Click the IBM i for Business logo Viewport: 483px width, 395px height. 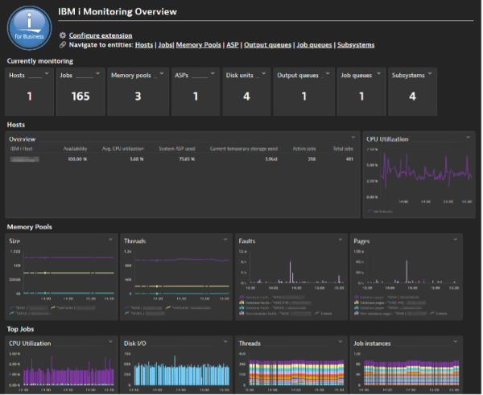coord(28,27)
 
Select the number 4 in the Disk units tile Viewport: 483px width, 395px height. coord(246,97)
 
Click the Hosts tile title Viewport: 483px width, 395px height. coord(18,75)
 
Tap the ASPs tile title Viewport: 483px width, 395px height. coord(183,75)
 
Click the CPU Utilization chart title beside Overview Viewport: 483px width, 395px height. coord(390,139)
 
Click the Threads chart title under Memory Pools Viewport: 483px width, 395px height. coord(135,241)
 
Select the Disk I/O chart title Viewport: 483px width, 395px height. coord(135,344)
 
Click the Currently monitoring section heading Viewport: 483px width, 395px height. coord(39,60)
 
